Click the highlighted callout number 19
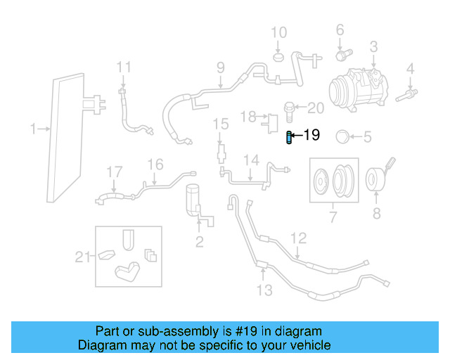coord(311,135)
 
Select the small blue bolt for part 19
coord(289,137)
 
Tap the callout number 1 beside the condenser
coord(32,129)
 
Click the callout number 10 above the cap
coord(279,32)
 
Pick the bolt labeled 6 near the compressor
coord(342,53)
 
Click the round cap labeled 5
coord(344,136)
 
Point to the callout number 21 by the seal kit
coord(83,257)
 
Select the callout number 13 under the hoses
coord(264,290)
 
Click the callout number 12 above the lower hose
coord(299,238)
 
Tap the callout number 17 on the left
coord(114,172)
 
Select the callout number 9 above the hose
coord(220,68)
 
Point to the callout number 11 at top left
coord(124,67)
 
